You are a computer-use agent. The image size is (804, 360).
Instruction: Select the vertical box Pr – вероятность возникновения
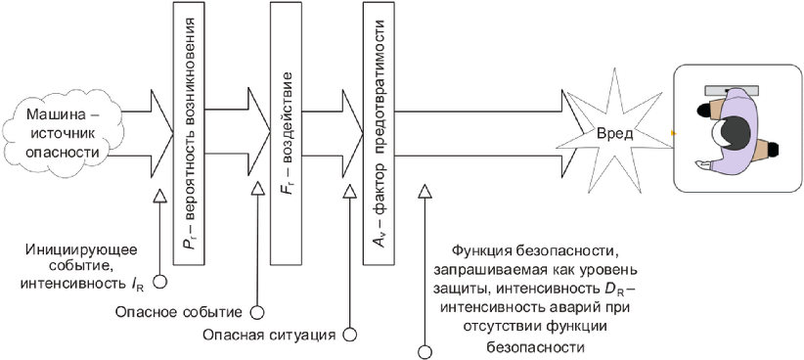189,133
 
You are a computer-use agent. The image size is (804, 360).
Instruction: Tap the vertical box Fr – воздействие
286,133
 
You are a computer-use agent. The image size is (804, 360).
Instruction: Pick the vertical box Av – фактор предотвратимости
379,133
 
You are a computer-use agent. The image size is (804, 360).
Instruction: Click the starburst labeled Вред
614,134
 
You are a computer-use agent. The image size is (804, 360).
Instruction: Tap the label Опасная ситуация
269,335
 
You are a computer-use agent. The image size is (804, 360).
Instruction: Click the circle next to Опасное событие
256,312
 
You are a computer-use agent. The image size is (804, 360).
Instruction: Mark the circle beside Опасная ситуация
350,335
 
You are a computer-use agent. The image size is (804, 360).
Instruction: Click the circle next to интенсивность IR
160,282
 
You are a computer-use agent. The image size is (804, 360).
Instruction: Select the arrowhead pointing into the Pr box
162,132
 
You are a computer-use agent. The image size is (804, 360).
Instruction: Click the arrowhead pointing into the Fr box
259,132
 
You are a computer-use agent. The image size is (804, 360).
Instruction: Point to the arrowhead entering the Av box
352,133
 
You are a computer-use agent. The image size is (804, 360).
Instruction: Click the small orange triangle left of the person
674,133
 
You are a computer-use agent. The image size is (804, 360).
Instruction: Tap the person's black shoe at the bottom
771,149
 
